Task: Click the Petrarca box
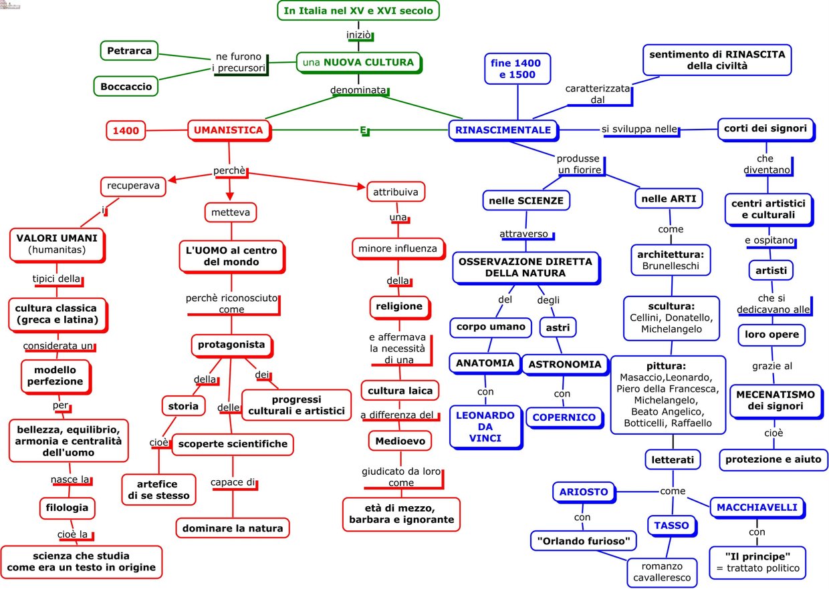pos(129,51)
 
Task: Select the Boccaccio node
pos(126,87)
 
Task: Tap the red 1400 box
pos(126,130)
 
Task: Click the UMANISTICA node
pos(229,130)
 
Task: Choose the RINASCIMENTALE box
pos(503,130)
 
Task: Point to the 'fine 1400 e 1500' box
pos(517,69)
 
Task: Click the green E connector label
pos(364,130)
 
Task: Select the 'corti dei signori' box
pos(765,129)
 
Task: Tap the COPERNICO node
pos(565,417)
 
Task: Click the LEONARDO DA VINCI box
pos(486,427)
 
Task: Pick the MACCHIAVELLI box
pos(757,508)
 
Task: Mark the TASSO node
pos(672,526)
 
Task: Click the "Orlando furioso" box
pos(584,542)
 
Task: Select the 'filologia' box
pos(68,508)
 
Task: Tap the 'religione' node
pos(400,307)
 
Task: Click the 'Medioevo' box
pos(400,441)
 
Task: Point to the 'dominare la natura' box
pos(233,528)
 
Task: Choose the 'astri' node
pos(558,327)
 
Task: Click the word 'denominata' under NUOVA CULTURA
pos(358,90)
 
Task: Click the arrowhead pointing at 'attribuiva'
pos(362,186)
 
